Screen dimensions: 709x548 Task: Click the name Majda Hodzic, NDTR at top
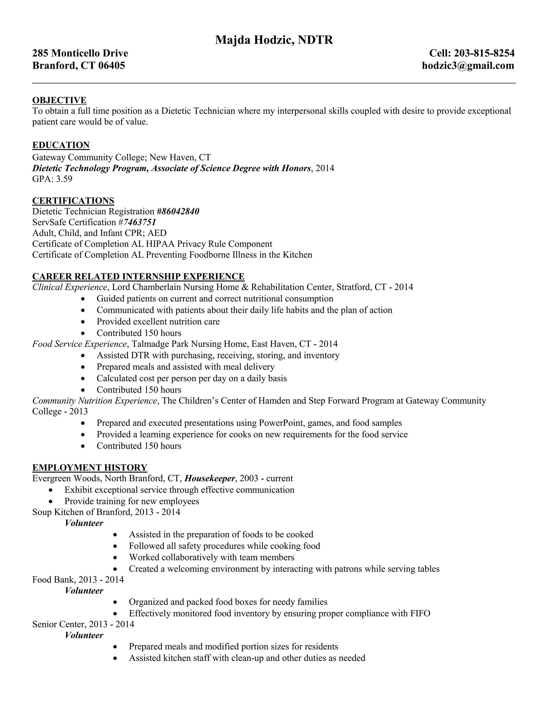click(x=274, y=40)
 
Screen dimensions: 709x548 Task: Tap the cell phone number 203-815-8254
click(x=484, y=53)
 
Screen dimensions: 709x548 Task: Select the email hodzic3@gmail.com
click(x=468, y=66)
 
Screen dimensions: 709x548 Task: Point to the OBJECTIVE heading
click(x=59, y=100)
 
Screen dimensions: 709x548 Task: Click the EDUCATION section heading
click(x=61, y=145)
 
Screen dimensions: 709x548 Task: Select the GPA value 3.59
click(x=64, y=179)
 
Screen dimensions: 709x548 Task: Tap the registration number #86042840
click(x=178, y=212)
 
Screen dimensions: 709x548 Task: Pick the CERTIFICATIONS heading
click(x=73, y=201)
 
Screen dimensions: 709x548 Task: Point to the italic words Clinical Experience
click(x=70, y=287)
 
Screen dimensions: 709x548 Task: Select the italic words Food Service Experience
click(x=79, y=344)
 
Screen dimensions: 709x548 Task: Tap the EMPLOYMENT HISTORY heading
click(x=90, y=467)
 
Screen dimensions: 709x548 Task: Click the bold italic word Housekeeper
click(x=210, y=479)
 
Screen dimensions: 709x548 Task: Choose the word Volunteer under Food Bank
click(x=84, y=590)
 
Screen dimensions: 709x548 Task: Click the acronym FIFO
click(x=420, y=613)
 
